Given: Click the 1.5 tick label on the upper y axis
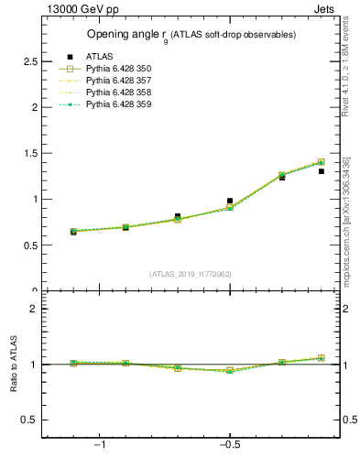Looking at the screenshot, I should click(x=30, y=153).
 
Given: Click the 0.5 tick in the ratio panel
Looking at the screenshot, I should click(x=30, y=420).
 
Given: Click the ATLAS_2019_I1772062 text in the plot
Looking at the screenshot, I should click(x=191, y=273).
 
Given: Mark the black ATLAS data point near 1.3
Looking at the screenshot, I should click(x=321, y=171).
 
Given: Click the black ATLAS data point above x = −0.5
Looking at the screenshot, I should click(x=230, y=201).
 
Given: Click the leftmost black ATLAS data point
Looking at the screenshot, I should click(x=73, y=233).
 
